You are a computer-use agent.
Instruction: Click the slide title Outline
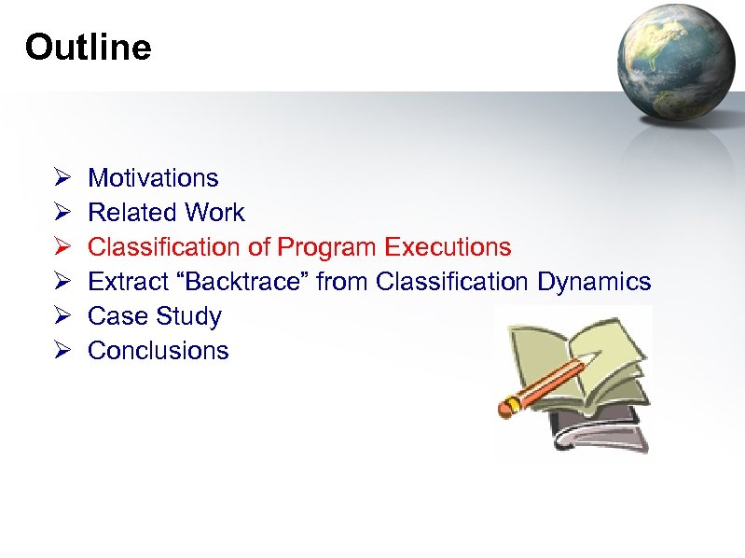click(x=88, y=47)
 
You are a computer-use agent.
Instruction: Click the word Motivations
click(x=153, y=178)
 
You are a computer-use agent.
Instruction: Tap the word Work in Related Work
click(x=214, y=213)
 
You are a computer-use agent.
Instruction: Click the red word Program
click(x=327, y=247)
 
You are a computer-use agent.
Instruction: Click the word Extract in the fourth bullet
click(x=123, y=282)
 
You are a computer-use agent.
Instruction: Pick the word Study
click(x=188, y=316)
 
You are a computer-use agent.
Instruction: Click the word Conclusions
click(x=158, y=351)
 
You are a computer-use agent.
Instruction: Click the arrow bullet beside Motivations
click(x=59, y=178)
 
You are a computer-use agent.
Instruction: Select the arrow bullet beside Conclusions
click(x=59, y=351)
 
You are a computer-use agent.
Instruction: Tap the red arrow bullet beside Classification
click(x=59, y=247)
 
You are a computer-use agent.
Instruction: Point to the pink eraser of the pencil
click(x=510, y=405)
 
